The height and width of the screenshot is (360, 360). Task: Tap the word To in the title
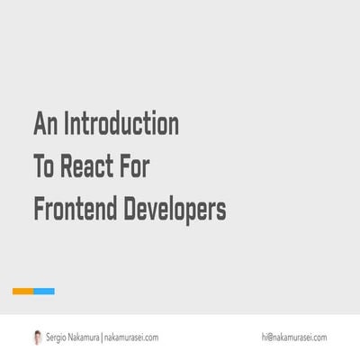(44, 166)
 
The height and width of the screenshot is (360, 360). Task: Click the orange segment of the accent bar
(22, 291)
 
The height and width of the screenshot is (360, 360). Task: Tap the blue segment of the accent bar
(44, 291)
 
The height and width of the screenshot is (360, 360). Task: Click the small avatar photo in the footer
(37, 337)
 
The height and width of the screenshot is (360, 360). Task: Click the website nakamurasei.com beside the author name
(131, 337)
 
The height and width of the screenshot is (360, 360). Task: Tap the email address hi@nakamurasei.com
(294, 337)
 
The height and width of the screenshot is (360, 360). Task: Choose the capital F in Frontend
(38, 210)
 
